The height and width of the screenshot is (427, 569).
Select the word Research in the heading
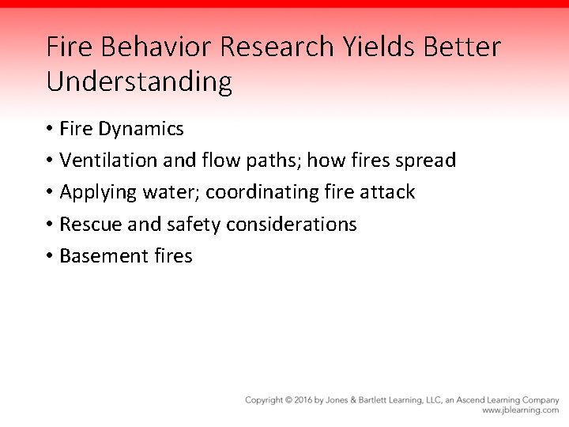point(278,47)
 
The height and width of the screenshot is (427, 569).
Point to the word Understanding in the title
point(139,81)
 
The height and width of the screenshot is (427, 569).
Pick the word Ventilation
point(109,161)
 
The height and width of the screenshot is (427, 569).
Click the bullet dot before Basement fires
point(49,256)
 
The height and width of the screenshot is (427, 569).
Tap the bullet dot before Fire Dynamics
point(49,129)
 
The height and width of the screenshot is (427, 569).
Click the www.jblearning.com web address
point(520,410)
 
